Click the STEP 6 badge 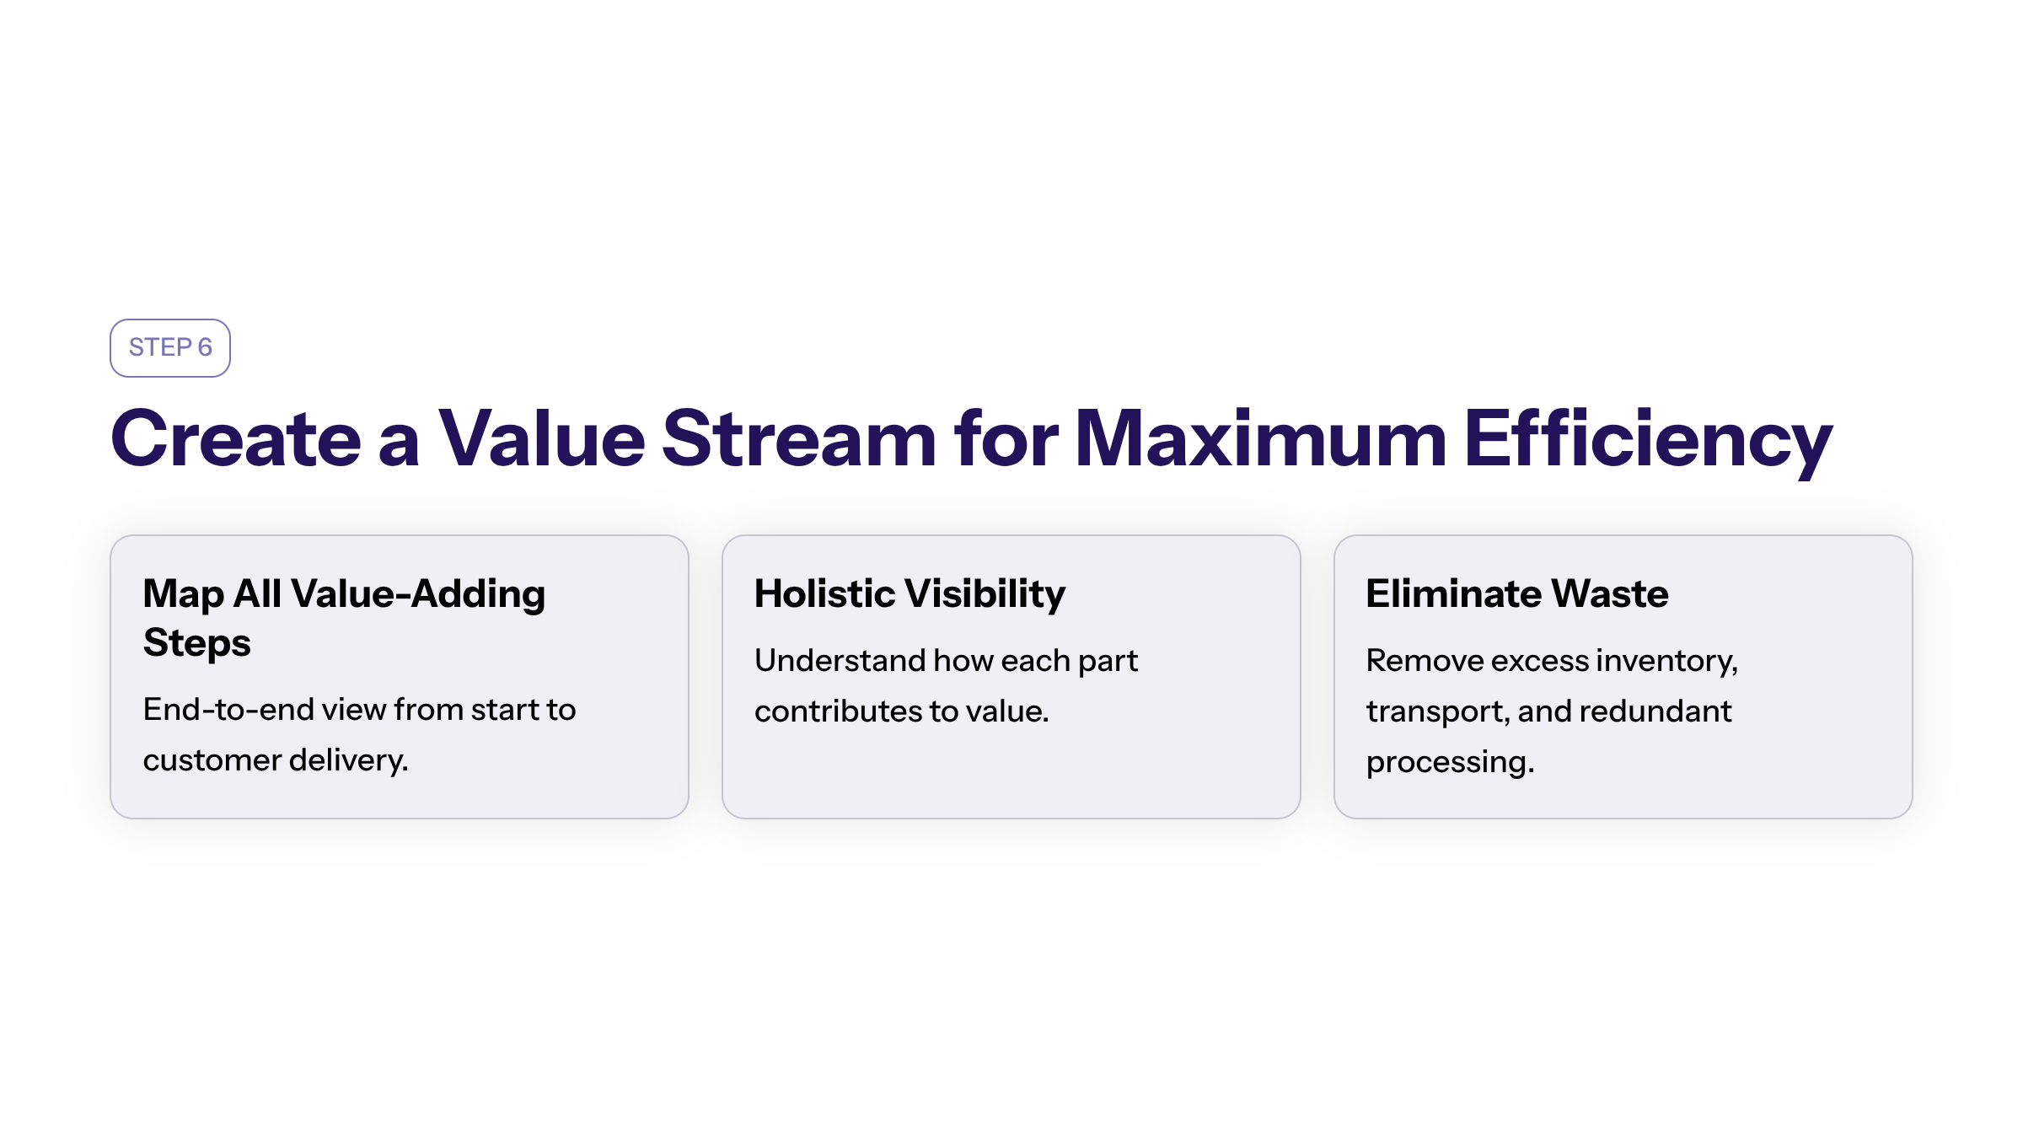click(x=170, y=348)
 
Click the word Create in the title click(x=236, y=438)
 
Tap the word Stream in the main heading click(x=799, y=438)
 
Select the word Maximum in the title click(x=1261, y=438)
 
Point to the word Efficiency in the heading click(x=1649, y=443)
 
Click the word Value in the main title click(x=542, y=438)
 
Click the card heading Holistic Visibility click(x=910, y=594)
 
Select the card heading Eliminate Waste click(x=1517, y=593)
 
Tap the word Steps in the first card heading click(x=197, y=643)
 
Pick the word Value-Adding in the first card click(x=418, y=595)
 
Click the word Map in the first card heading click(x=183, y=595)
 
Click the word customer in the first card click(x=212, y=760)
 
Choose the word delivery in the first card click(x=348, y=761)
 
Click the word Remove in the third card click(x=1425, y=660)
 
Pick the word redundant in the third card click(x=1655, y=711)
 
